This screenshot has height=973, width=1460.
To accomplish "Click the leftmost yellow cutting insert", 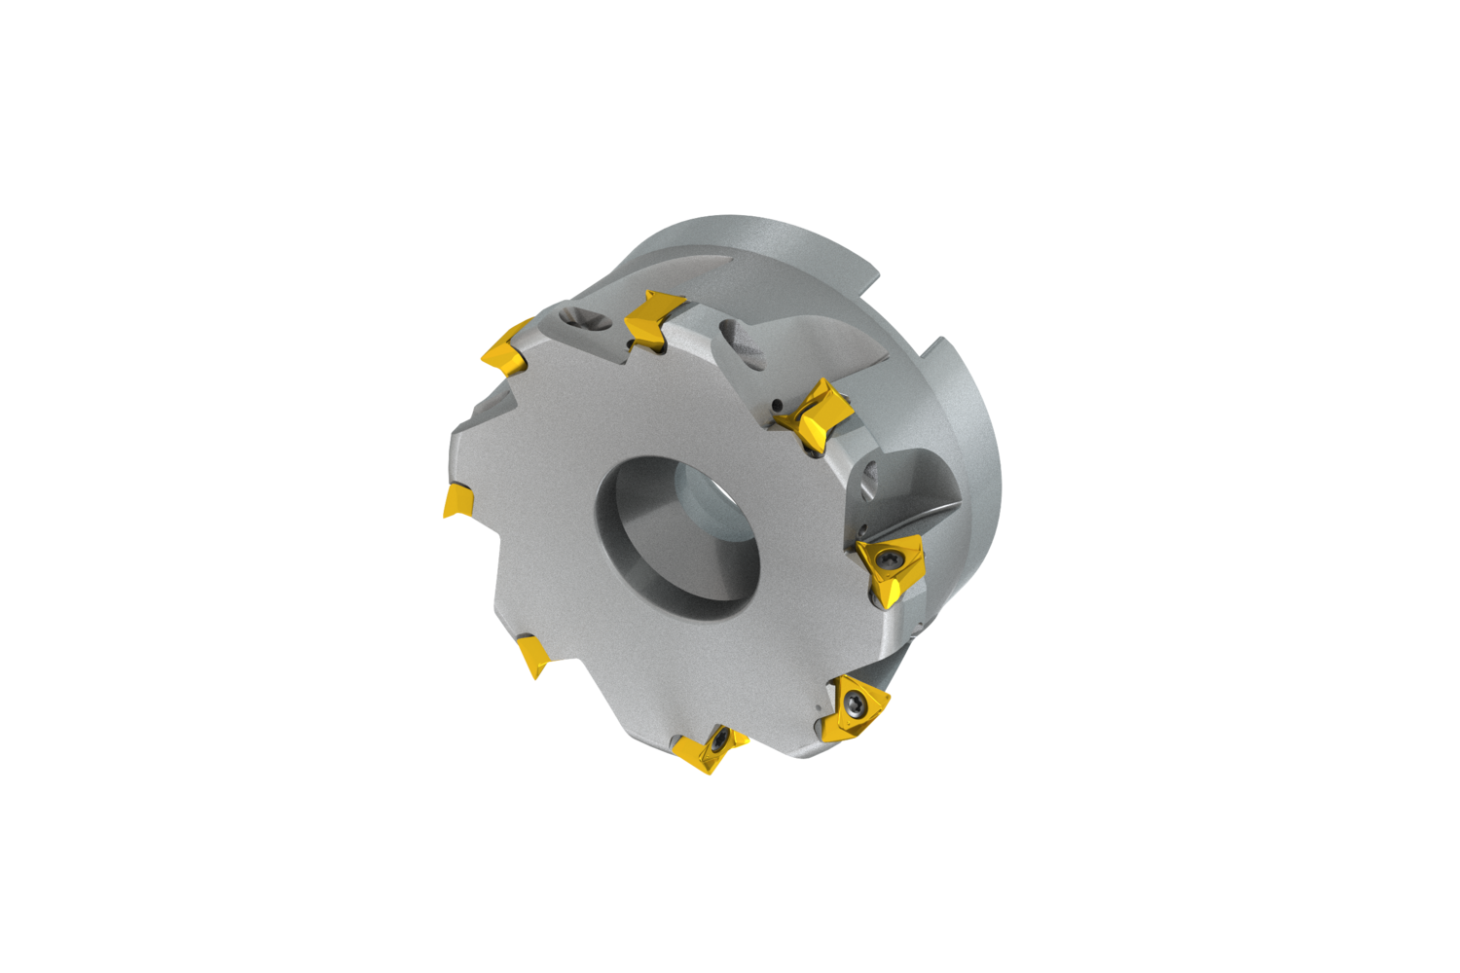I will [458, 501].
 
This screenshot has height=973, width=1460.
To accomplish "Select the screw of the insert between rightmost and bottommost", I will [854, 698].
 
